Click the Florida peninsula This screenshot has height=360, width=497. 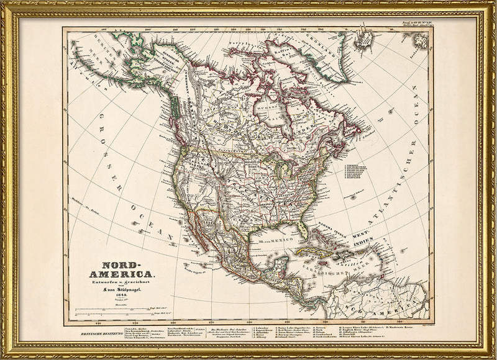click(303, 228)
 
